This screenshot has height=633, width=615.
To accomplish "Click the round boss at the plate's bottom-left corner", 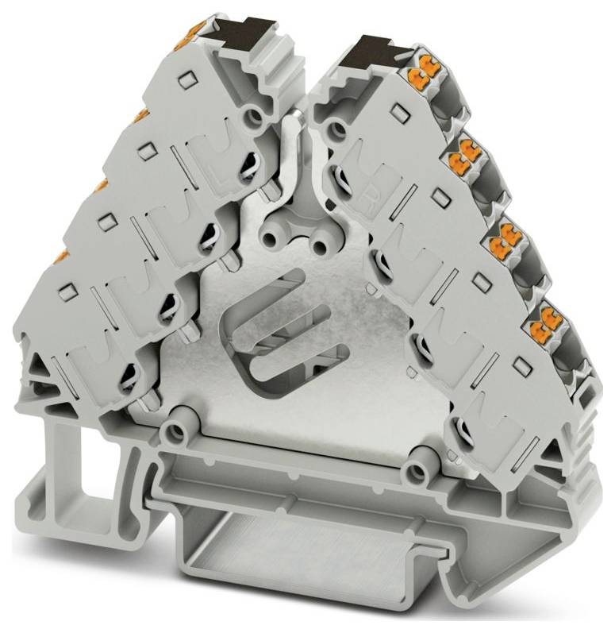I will click(171, 431).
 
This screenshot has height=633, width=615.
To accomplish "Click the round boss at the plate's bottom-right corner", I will click(413, 474).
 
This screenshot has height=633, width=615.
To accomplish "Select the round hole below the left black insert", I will click(254, 118).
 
